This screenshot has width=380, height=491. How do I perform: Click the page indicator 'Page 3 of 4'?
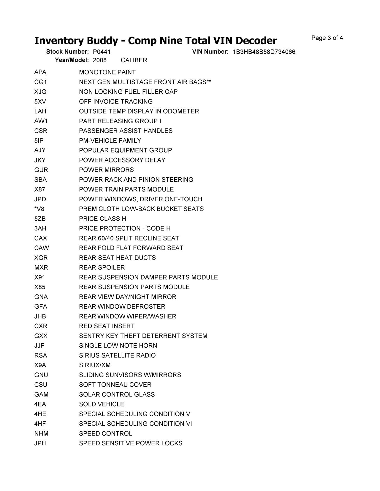327,38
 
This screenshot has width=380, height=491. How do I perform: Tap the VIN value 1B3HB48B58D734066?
264,52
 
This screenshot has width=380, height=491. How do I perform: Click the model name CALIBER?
134,60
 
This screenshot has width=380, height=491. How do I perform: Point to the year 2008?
100,60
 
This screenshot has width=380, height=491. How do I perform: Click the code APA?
40,72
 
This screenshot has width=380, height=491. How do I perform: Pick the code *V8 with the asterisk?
39,209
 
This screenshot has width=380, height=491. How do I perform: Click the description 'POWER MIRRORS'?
106,170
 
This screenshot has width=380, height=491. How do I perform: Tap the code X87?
40,189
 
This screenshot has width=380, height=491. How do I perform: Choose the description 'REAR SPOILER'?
102,267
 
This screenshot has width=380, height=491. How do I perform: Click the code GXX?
41,336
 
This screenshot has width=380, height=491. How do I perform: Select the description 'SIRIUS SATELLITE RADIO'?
117,356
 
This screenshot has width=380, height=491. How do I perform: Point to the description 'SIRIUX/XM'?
95,365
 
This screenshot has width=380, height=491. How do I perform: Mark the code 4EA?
40,404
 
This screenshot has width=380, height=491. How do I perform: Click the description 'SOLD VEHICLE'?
102,404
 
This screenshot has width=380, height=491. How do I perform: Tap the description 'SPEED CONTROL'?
105,433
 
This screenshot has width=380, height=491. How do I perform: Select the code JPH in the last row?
40,443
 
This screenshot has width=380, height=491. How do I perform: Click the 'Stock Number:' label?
67,52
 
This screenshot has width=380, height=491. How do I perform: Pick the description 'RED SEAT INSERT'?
107,326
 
